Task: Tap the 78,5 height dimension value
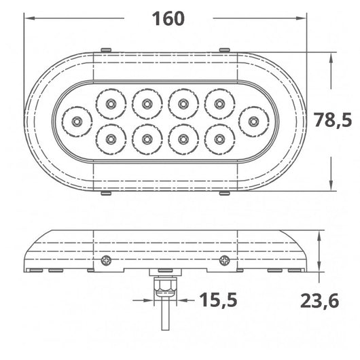click(x=333, y=120)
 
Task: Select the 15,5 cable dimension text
click(x=218, y=299)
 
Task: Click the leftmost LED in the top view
click(x=77, y=122)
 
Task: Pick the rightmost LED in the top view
click(x=253, y=122)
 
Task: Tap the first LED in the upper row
click(x=109, y=104)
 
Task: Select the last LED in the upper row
click(x=219, y=104)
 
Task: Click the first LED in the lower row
click(x=109, y=139)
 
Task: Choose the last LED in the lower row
click(x=219, y=139)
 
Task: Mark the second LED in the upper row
click(x=146, y=104)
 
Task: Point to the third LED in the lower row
click(x=183, y=139)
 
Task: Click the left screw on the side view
click(x=105, y=259)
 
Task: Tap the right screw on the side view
click(x=224, y=259)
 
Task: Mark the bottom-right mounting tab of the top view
click(x=224, y=193)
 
